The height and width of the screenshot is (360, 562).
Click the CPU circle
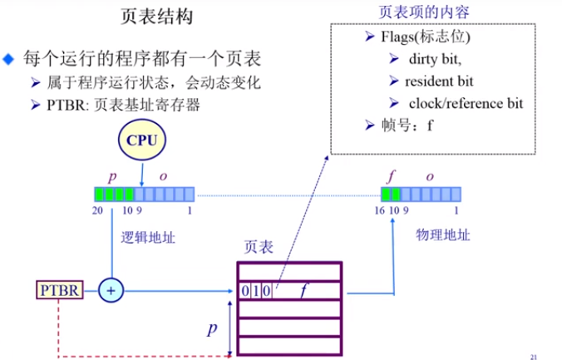point(141,140)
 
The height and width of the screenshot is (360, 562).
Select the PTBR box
point(59,290)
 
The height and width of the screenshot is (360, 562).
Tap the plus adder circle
point(111,290)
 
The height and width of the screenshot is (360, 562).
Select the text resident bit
point(439,81)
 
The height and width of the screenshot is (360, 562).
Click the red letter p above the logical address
point(112,177)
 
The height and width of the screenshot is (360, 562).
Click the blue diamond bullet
point(9,60)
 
